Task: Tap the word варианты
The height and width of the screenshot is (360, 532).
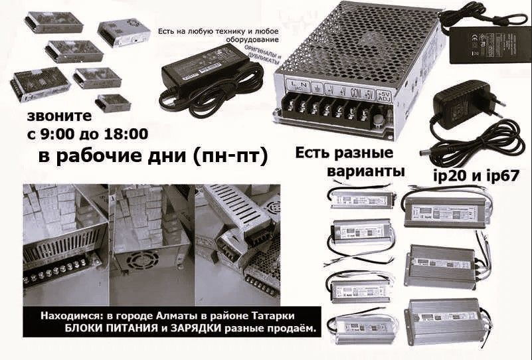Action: click(367, 171)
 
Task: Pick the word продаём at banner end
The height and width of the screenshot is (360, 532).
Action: click(293, 329)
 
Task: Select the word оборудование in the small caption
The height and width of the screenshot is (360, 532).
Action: click(200, 40)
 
